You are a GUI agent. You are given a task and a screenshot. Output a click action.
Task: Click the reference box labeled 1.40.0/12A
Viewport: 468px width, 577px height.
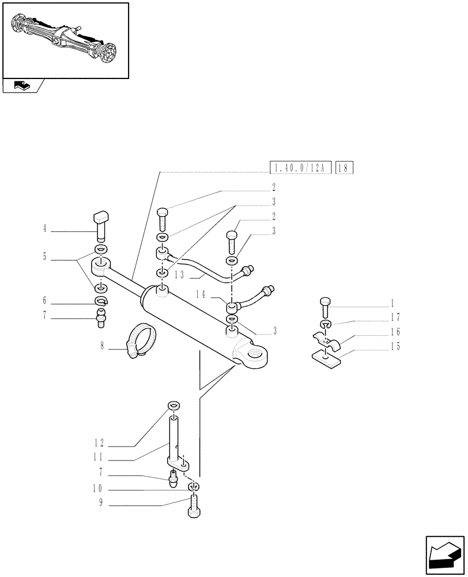[x=299, y=168]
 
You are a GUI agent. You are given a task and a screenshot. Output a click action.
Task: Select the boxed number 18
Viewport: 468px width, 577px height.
[x=344, y=168]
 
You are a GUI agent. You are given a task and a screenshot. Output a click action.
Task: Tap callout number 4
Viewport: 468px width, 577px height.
[x=44, y=229]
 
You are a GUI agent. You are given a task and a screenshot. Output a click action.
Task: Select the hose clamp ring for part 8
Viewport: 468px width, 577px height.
[x=141, y=340]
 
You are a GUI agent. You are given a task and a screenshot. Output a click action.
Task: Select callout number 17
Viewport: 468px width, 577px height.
[x=395, y=317]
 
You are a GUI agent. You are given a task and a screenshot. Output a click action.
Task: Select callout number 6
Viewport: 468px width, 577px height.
[x=44, y=302]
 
